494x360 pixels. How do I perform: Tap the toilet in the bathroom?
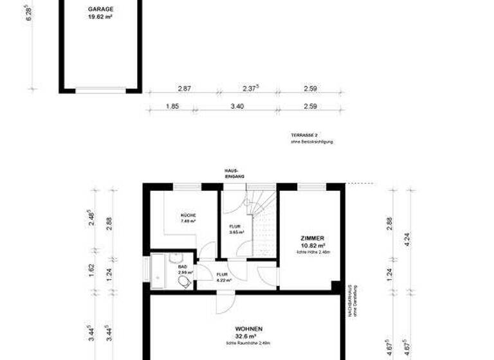pos(185,282)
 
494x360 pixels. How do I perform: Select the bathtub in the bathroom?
pos(158,271)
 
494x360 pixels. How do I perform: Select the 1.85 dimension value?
pos(172,106)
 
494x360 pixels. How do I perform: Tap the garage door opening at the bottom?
pos(100,91)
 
